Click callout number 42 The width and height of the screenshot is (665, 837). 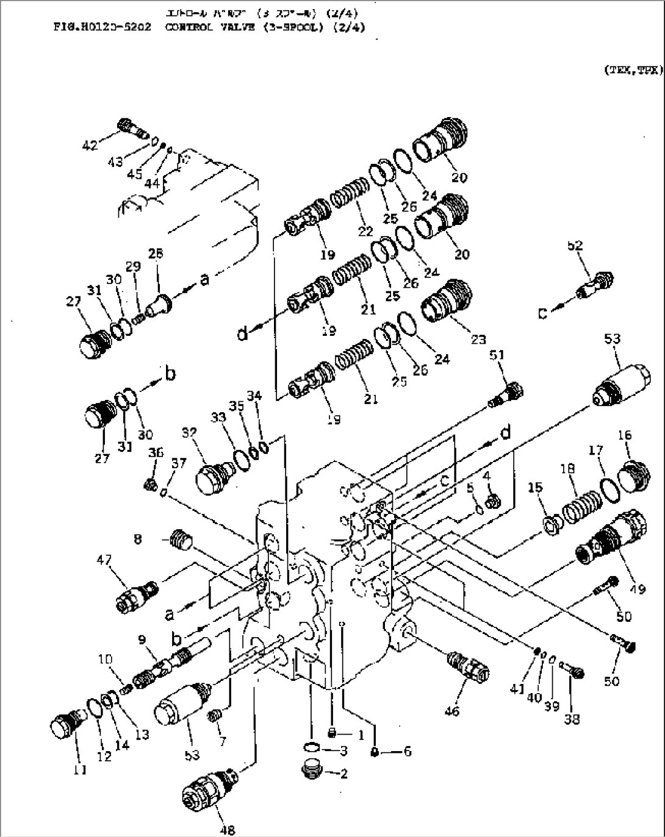pyautogui.click(x=90, y=145)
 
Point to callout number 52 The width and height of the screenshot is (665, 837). pyautogui.click(x=574, y=246)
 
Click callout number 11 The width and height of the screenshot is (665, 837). pyautogui.click(x=79, y=769)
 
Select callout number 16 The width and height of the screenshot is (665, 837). pyautogui.click(x=624, y=435)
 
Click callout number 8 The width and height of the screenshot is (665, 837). pyautogui.click(x=138, y=539)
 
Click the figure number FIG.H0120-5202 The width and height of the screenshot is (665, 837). pyautogui.click(x=106, y=27)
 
